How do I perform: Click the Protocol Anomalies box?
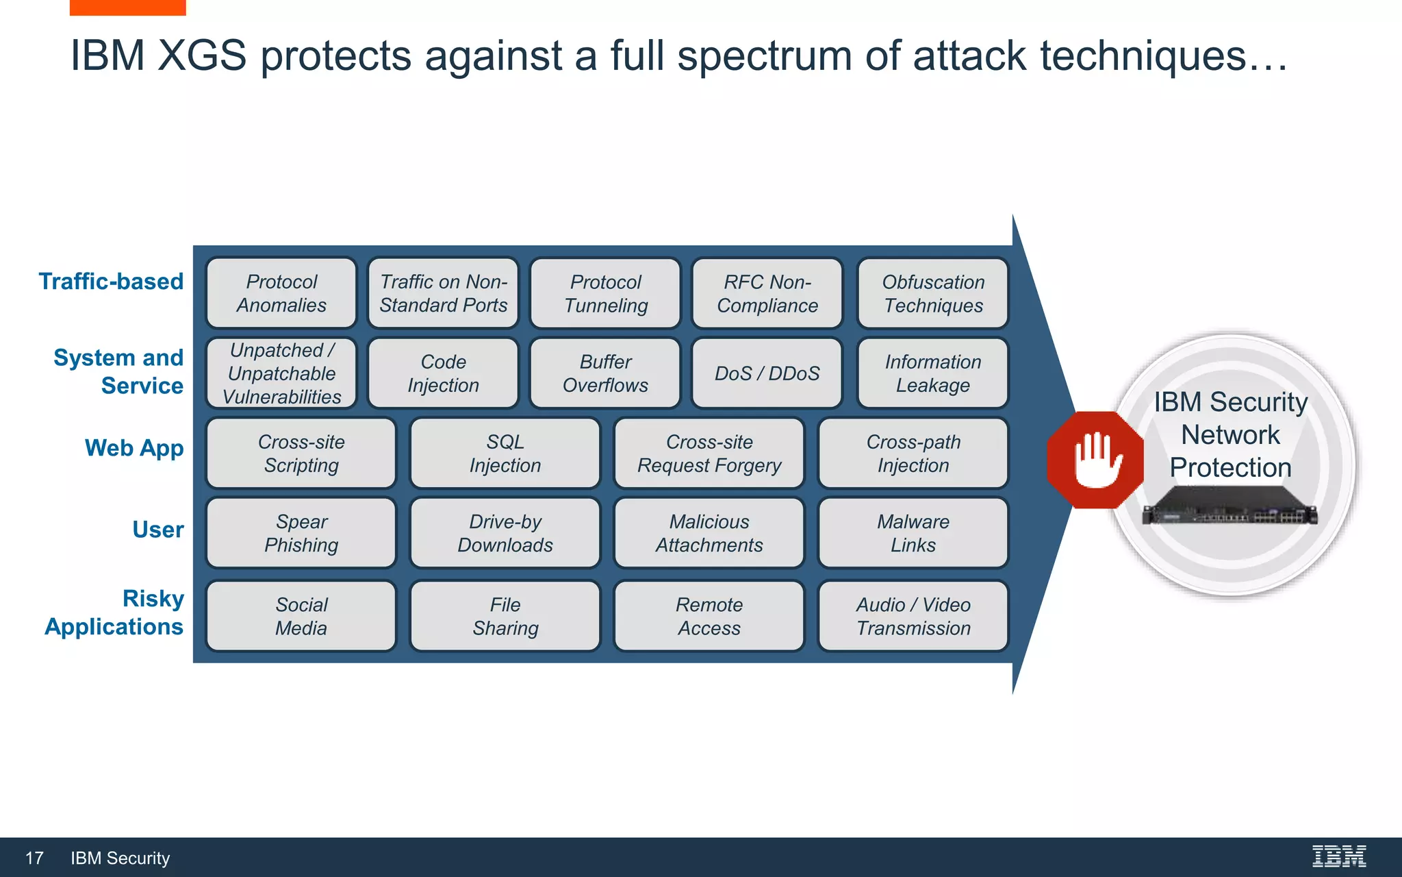281,293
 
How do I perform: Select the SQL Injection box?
505,454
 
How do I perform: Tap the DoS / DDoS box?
767,373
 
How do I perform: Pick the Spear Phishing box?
301,533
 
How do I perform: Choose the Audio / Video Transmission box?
913,616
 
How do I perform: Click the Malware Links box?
913,533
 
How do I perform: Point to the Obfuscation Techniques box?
933,293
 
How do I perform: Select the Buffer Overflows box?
605,373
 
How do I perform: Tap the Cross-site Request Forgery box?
709,454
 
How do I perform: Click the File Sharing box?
505,616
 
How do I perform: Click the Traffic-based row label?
111,282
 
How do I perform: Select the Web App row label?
134,448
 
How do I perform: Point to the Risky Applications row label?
114,613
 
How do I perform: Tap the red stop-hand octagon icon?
1095,460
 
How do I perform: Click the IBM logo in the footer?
1338,856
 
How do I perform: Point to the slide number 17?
34,858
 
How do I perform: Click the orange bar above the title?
127,7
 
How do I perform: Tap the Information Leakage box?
933,373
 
